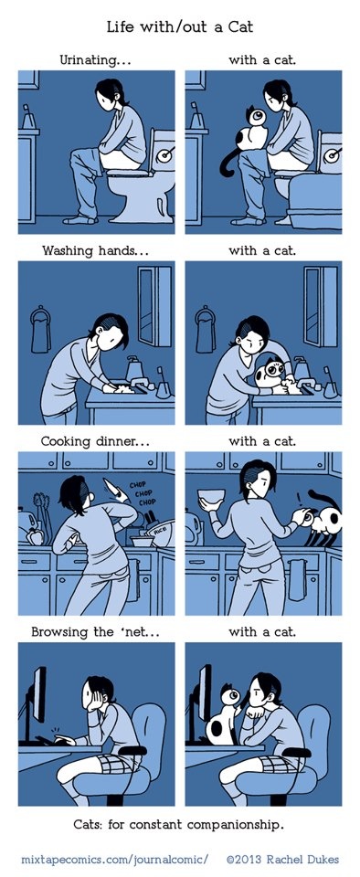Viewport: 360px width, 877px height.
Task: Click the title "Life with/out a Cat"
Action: click(179, 26)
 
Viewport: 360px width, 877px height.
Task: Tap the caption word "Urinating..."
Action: click(95, 60)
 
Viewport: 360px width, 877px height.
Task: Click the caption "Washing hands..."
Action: click(95, 250)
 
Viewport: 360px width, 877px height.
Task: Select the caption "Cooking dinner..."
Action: click(95, 441)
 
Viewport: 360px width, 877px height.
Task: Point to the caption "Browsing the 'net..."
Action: click(96, 632)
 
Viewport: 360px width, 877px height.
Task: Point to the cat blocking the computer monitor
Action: click(223, 717)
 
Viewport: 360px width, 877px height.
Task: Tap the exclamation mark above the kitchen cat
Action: click(299, 496)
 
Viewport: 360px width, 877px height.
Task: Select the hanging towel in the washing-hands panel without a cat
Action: click(41, 331)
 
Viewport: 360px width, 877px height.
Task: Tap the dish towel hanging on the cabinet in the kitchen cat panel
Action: click(297, 579)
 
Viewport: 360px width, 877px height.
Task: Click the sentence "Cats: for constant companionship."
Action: click(179, 824)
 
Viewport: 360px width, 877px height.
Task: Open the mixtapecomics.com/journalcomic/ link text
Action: click(115, 859)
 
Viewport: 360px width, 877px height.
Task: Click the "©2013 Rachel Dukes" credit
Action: click(283, 858)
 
